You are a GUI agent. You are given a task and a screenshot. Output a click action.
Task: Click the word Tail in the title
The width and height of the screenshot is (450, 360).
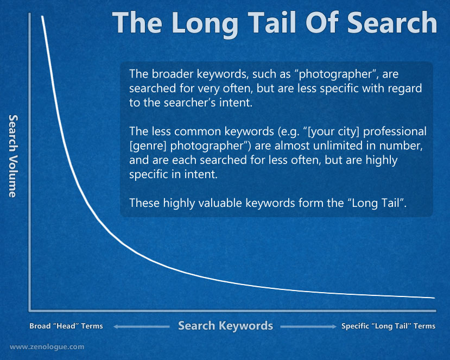(x=271, y=23)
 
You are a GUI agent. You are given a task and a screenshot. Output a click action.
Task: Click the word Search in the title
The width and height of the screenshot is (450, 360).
(x=392, y=23)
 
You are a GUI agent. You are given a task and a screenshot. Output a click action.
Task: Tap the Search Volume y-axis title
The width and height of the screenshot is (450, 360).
(x=13, y=156)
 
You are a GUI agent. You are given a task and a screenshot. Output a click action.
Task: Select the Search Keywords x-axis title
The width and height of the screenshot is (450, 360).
(x=226, y=326)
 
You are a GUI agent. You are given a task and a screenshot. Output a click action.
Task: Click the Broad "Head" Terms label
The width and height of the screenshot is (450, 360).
(x=66, y=326)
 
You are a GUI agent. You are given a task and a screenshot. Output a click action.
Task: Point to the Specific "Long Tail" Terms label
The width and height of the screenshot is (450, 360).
(x=388, y=326)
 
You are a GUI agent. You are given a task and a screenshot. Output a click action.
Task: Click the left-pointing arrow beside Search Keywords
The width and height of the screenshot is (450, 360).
(x=142, y=326)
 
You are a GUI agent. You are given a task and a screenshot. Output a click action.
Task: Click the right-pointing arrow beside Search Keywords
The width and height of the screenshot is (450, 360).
(x=308, y=326)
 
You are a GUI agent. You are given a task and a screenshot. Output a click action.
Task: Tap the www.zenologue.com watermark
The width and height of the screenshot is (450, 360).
(x=47, y=347)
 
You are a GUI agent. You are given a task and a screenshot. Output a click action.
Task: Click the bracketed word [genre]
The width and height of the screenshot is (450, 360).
(x=148, y=146)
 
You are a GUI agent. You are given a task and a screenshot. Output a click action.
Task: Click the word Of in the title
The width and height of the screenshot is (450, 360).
(x=321, y=23)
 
